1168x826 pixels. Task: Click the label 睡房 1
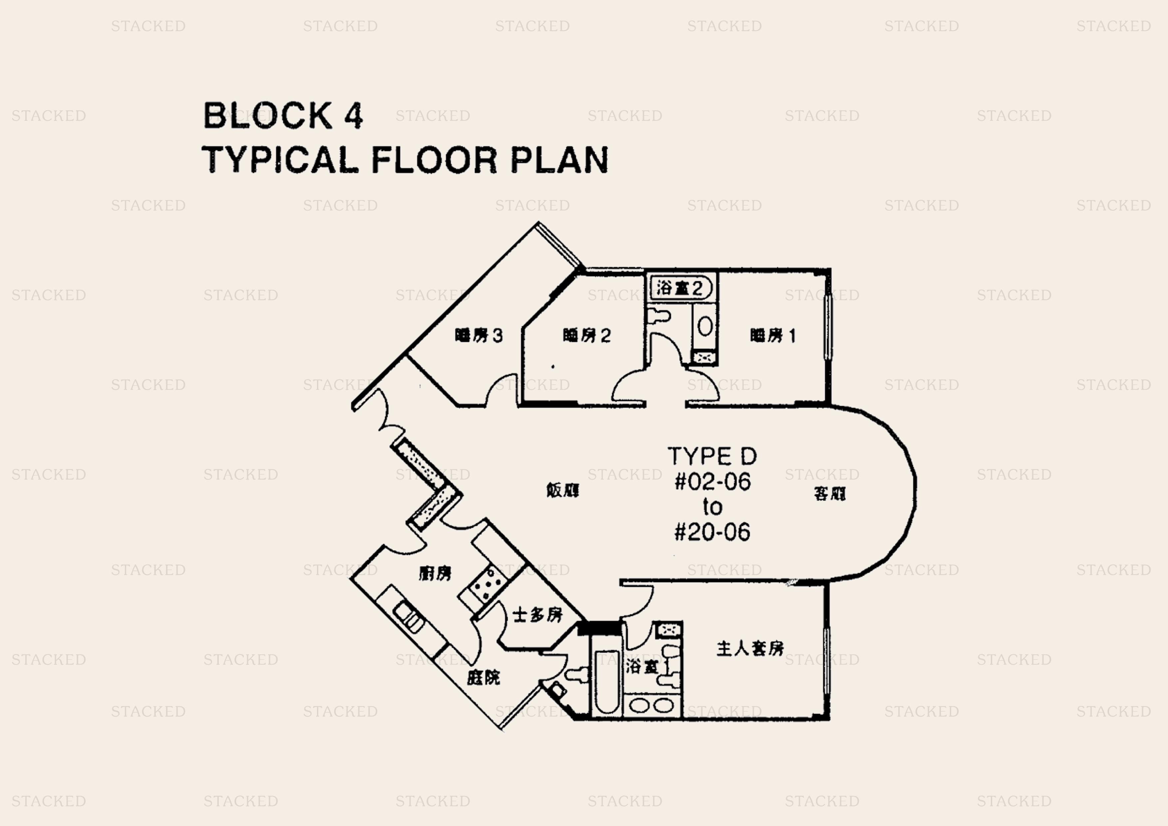click(x=772, y=335)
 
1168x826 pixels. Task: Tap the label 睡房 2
click(x=587, y=335)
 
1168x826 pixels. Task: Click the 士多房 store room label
click(x=538, y=615)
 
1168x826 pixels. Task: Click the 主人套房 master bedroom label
click(x=750, y=648)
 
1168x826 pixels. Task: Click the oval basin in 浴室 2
click(x=705, y=326)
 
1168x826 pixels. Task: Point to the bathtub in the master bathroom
click(x=606, y=682)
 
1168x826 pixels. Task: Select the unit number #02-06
click(x=712, y=482)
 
